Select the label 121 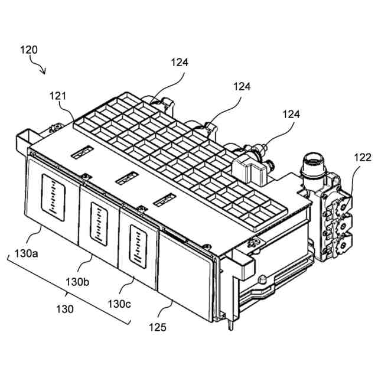tap(57, 96)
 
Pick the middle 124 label tap(242, 86)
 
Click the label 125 tap(158, 326)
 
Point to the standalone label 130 tap(65, 308)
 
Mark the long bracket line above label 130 tap(68, 289)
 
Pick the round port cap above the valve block tap(312, 160)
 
